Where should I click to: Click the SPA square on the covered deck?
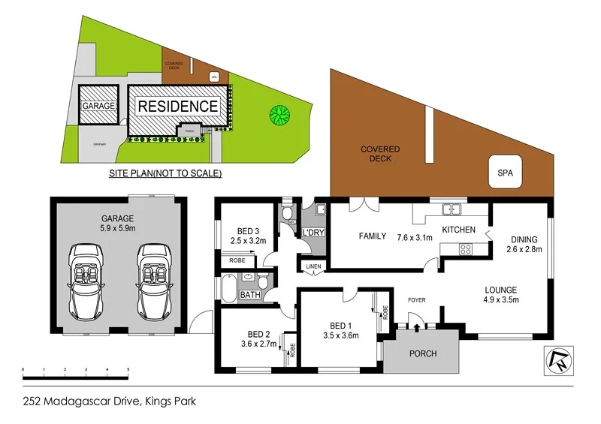pyautogui.click(x=504, y=172)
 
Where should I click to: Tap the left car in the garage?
pyautogui.click(x=89, y=280)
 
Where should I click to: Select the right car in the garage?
pyautogui.click(x=155, y=280)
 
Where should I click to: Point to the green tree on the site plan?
pyautogui.click(x=279, y=115)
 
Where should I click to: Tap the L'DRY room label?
pyautogui.click(x=313, y=233)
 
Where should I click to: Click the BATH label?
pyautogui.click(x=249, y=296)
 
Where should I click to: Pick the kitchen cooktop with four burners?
pyautogui.click(x=465, y=250)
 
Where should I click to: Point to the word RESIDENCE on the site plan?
pyautogui.click(x=177, y=107)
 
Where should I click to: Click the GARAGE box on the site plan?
pyautogui.click(x=98, y=106)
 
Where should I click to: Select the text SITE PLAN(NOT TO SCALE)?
pyautogui.click(x=165, y=173)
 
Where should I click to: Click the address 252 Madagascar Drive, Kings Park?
pyautogui.click(x=109, y=401)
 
